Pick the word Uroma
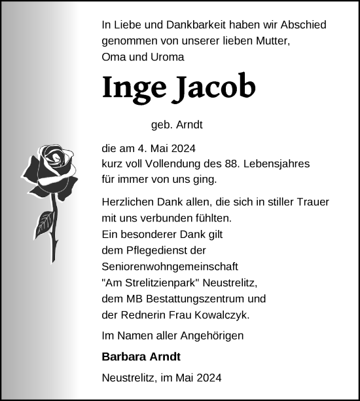pyautogui.click(x=168, y=57)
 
